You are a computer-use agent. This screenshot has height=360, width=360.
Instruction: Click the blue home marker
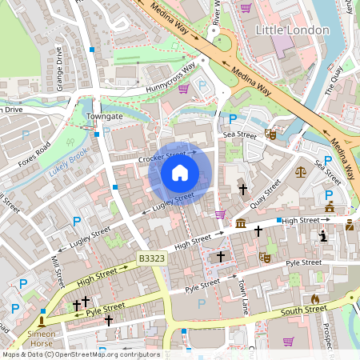(180, 173)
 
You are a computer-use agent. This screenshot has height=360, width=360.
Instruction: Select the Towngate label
(105, 116)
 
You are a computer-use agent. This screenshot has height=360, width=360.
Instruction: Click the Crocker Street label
(166, 156)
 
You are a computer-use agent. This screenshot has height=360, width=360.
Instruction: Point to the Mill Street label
(57, 272)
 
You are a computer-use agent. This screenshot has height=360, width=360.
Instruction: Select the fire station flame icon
(314, 299)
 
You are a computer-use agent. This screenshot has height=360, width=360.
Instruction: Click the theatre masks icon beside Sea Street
(271, 135)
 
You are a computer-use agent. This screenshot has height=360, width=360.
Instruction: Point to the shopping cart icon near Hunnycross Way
(183, 89)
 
